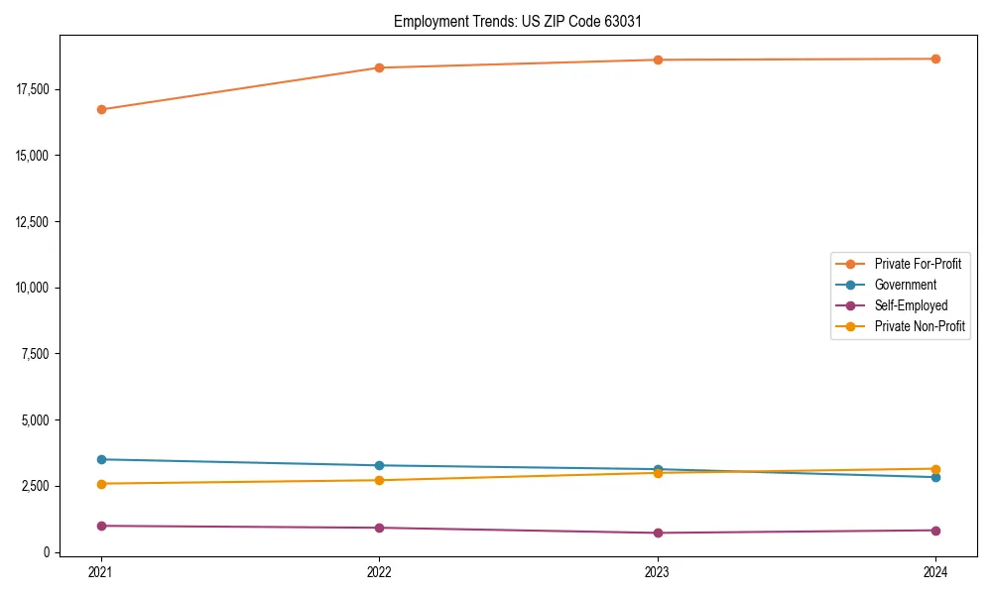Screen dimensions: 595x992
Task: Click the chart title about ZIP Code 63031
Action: point(525,21)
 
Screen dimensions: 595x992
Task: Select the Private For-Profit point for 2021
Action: point(101,109)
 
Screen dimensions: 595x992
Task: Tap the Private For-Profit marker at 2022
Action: point(379,67)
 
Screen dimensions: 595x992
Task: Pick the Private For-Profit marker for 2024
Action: point(935,59)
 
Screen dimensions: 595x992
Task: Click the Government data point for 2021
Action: point(101,459)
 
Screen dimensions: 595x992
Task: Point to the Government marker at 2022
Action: point(379,465)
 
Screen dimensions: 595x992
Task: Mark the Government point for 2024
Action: point(935,477)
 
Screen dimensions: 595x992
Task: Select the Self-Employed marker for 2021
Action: point(101,526)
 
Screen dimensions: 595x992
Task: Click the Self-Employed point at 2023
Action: point(658,533)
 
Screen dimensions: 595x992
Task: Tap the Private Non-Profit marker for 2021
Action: point(101,484)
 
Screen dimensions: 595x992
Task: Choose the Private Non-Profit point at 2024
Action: point(935,468)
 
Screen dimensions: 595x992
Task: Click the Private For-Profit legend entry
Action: point(918,264)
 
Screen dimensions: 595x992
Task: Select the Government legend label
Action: point(905,285)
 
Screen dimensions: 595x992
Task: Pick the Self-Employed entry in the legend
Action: point(911,305)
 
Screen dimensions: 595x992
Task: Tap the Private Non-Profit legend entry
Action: point(920,326)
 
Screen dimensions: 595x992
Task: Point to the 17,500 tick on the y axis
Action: point(33,89)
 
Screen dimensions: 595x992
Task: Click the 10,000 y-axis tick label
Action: point(33,288)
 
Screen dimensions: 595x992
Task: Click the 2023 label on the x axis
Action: point(658,571)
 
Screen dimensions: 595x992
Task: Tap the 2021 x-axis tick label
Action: point(101,571)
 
